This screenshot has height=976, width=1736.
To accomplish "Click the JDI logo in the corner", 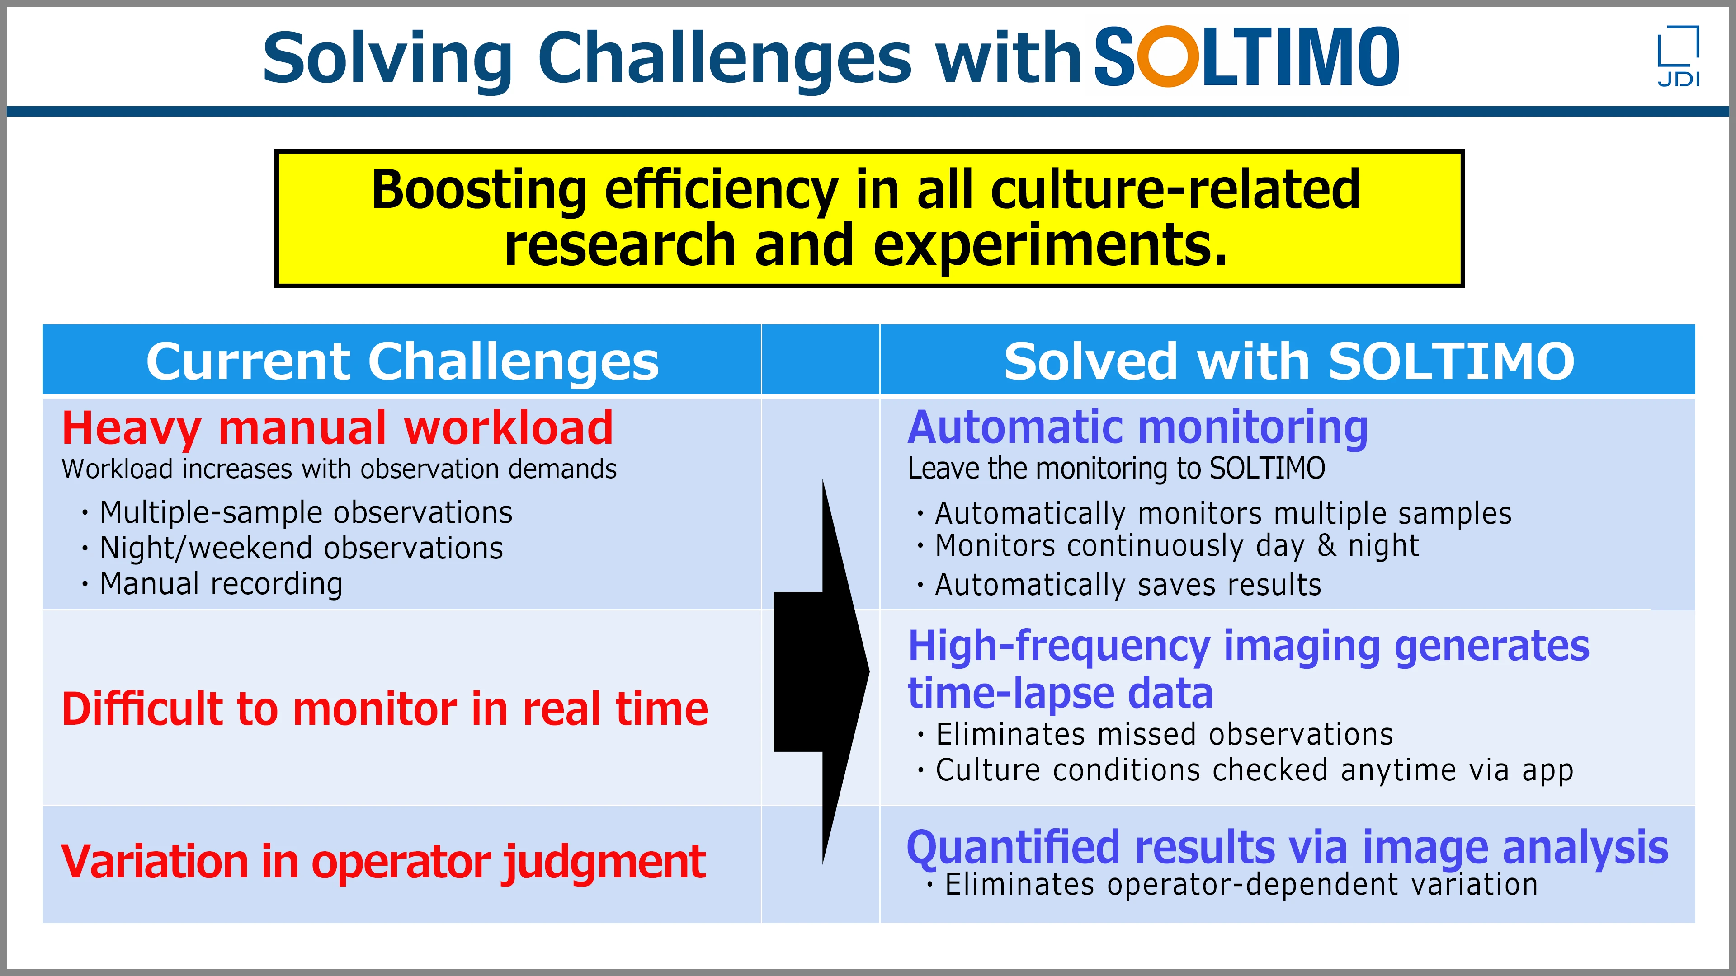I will point(1678,56).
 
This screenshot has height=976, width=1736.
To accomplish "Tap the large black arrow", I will point(822,671).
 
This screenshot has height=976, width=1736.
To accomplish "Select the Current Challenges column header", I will point(402,361).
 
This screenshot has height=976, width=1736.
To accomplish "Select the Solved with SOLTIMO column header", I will point(1288,361).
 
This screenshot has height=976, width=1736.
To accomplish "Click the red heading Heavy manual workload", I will point(337,428).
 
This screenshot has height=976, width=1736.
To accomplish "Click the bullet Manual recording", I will point(221,583).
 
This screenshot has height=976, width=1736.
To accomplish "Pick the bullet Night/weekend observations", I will point(301,548).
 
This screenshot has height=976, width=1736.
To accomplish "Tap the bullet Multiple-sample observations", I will point(306,512).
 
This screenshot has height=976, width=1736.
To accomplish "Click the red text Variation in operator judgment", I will point(383,862).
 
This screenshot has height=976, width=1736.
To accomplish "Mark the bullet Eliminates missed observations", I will point(1164,734).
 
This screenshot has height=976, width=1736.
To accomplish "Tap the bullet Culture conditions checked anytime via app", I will point(1254,770).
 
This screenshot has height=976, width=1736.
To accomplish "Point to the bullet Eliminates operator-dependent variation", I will point(1241,884).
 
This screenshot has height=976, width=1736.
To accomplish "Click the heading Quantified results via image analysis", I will point(1287,847).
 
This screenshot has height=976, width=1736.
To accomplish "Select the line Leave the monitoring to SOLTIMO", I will point(1116,469).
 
